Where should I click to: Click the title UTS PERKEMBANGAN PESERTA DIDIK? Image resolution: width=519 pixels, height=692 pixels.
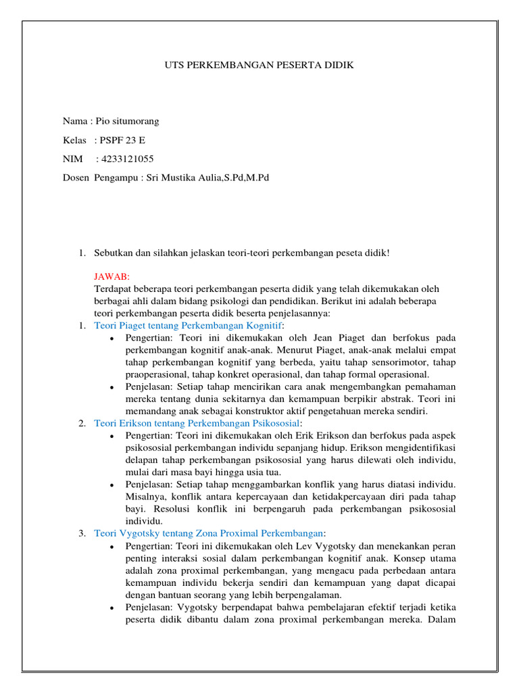(259, 65)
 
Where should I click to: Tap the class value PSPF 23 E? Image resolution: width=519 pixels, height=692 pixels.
(123, 140)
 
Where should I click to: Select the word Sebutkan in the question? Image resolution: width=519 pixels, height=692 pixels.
(112, 253)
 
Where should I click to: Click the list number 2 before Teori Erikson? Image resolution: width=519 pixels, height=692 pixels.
(81, 422)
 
